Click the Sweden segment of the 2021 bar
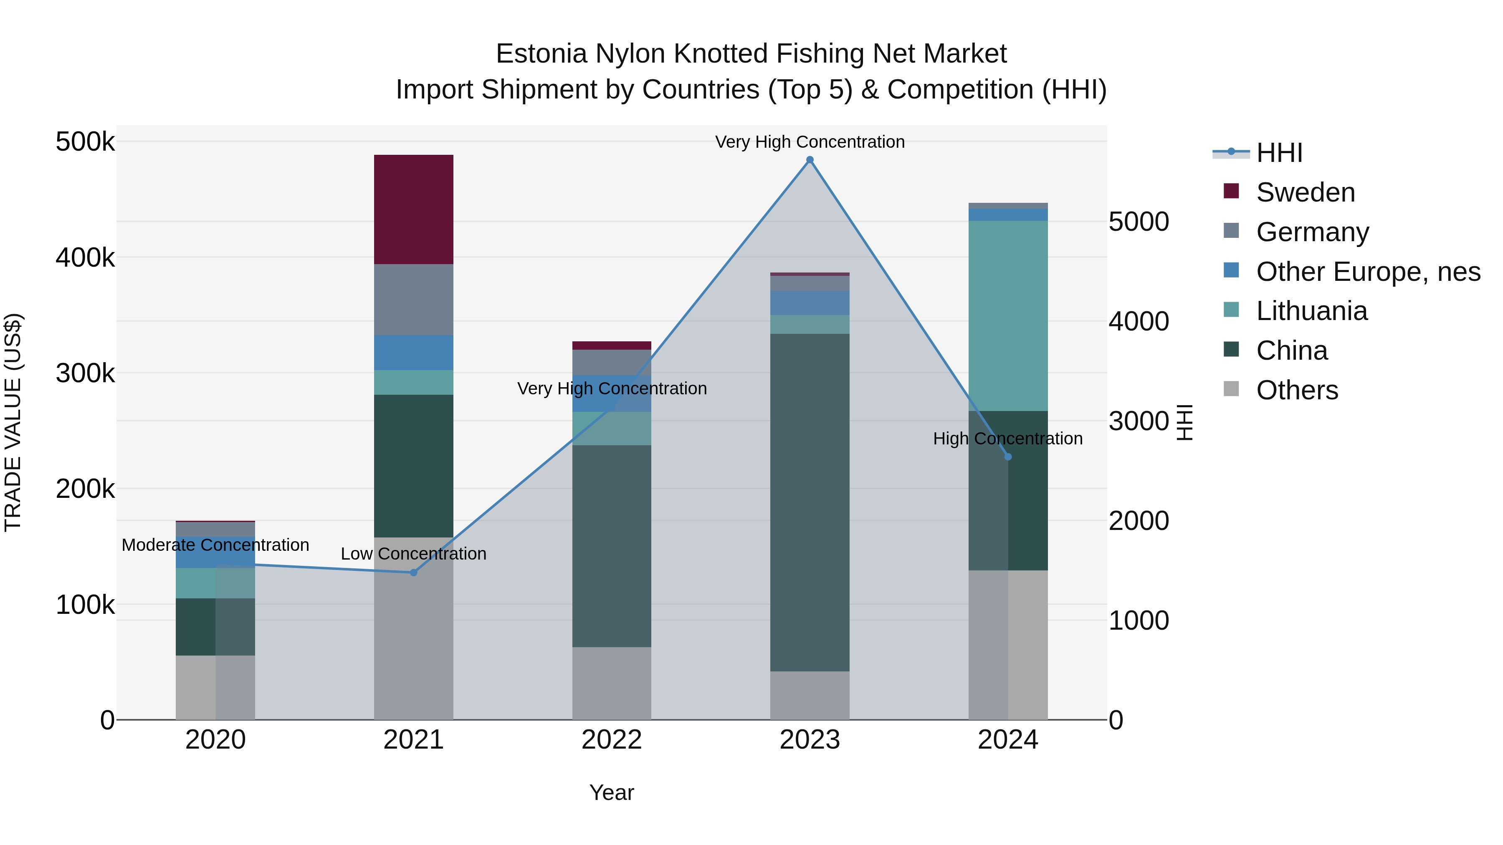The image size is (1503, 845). click(413, 209)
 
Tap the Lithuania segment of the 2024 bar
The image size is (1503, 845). click(1008, 315)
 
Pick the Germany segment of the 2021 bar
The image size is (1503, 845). click(413, 299)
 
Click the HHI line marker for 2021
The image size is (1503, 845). click(414, 573)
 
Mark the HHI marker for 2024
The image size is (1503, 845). click(1008, 457)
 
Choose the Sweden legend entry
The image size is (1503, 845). click(1305, 192)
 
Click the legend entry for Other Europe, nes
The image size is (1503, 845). click(1368, 272)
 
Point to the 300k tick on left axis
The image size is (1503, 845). click(85, 373)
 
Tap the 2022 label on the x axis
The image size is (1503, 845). click(612, 740)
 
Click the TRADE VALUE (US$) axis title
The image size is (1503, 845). click(13, 422)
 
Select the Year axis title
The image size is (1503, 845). click(612, 792)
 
